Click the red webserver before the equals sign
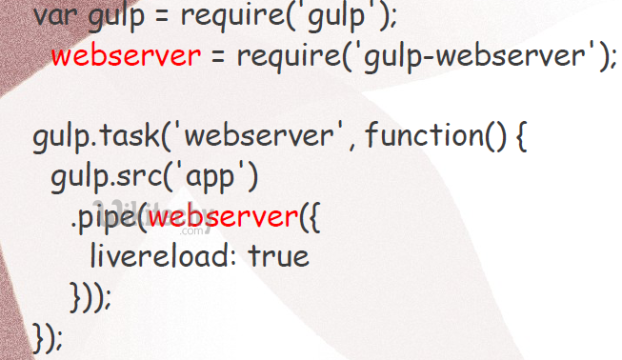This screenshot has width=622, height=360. point(127,57)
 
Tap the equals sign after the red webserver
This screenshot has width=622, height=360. point(216,57)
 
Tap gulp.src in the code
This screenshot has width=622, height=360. point(97,177)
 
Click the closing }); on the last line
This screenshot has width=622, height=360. point(49,337)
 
